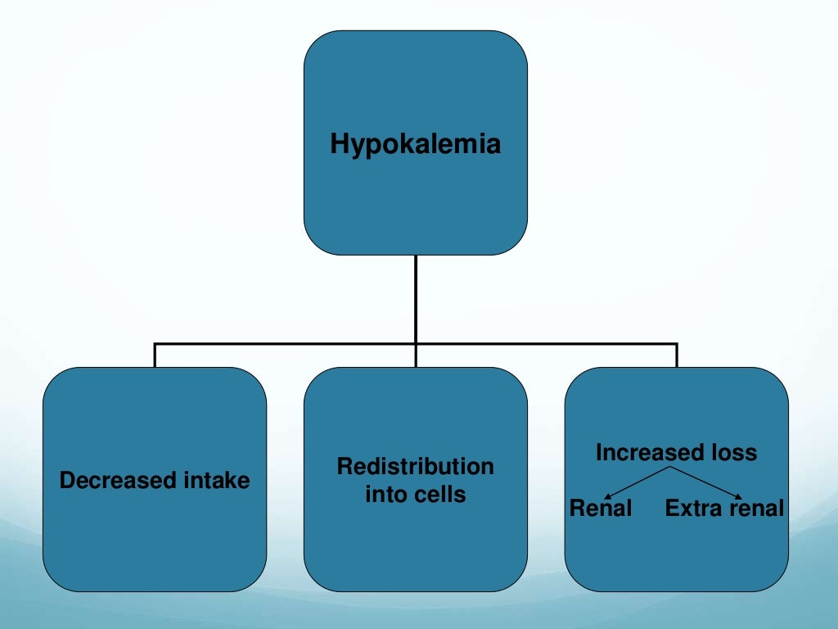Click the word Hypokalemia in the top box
tap(415, 145)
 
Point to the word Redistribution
tap(415, 467)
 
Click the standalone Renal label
tap(601, 509)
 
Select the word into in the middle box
tap(384, 495)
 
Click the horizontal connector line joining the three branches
tap(286, 344)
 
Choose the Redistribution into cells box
tap(416, 541)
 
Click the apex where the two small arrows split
tap(674, 468)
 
